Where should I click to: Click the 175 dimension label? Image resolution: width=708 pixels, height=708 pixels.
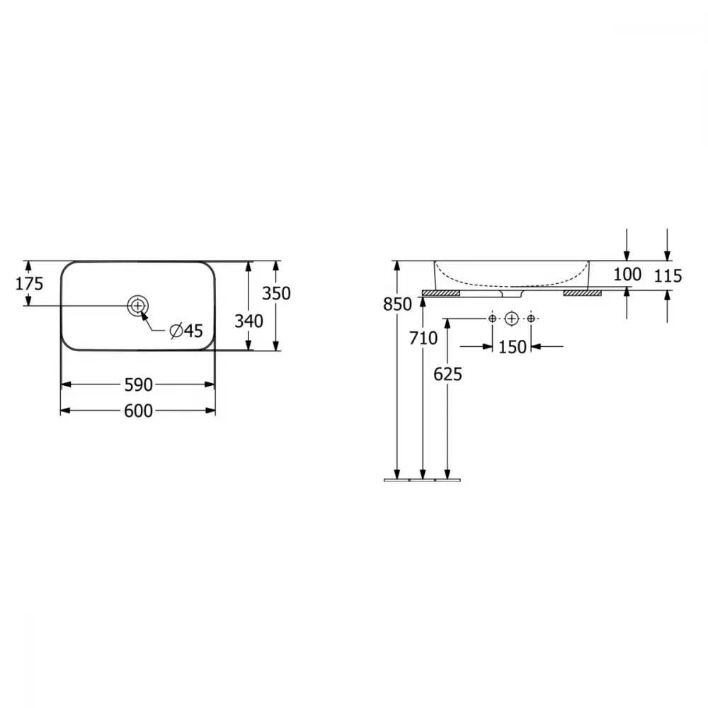point(29,284)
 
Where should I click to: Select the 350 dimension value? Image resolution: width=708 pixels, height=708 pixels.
point(276,294)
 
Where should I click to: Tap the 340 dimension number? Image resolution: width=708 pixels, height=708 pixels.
point(249,321)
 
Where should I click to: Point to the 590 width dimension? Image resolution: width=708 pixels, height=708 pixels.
point(139,385)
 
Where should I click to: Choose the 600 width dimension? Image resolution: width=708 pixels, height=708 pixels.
point(139,411)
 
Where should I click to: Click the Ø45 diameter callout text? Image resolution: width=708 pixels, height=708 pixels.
point(186,331)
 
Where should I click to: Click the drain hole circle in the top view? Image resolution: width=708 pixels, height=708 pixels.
point(138,306)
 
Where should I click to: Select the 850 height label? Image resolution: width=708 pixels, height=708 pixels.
point(397,304)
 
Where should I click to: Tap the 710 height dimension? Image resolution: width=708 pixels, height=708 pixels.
point(423,338)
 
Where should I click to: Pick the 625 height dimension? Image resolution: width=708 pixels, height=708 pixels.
point(448,375)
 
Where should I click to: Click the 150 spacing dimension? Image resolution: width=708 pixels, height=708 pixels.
point(512,347)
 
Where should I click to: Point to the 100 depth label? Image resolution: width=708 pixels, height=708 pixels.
point(627,274)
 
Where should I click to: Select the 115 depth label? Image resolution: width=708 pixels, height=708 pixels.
point(668,275)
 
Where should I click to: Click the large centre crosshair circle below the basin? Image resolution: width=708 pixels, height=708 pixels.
point(511,319)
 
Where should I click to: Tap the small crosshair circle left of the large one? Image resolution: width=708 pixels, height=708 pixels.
point(492,319)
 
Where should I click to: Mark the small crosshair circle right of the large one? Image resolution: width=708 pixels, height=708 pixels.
point(531,319)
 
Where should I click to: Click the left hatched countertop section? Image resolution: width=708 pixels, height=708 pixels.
point(440,293)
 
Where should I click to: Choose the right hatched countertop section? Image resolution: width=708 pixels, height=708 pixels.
point(583,293)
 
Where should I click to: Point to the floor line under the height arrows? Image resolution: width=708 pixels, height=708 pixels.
point(422,480)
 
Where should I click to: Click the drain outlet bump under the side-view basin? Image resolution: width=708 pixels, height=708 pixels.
point(512,294)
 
